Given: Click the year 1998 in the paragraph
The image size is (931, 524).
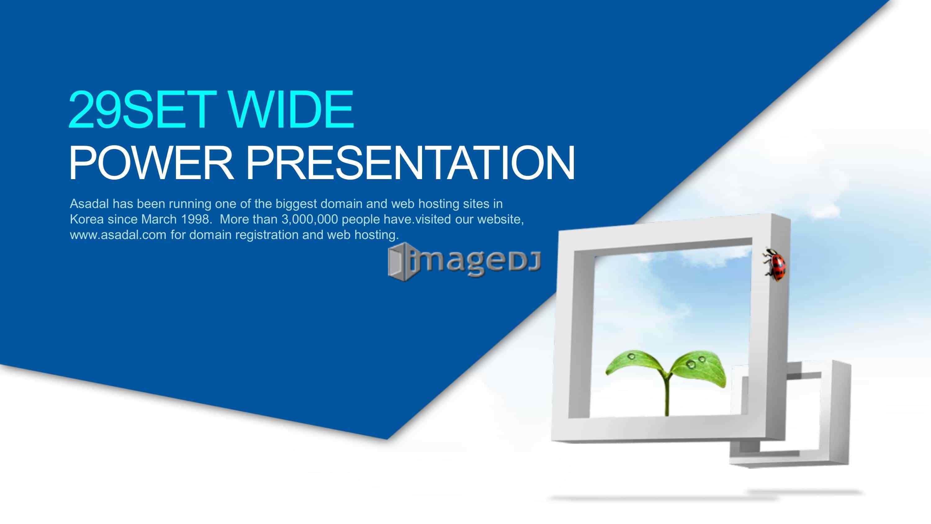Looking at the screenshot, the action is [x=195, y=219].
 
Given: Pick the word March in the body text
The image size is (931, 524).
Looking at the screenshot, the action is [x=159, y=219].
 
